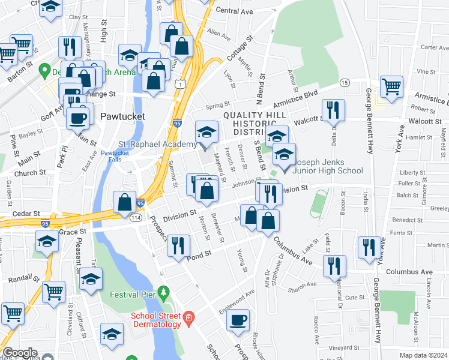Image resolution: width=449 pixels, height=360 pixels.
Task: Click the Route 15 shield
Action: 344,82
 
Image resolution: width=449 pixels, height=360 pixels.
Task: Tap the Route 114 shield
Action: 137,218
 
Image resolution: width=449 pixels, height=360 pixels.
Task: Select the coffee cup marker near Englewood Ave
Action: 238,320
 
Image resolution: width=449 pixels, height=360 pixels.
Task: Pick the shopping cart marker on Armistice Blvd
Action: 391,86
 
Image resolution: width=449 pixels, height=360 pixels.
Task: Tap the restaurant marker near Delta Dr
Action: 333,110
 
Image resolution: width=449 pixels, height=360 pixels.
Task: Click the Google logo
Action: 20,353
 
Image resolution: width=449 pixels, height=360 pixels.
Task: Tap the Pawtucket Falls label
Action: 115,156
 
